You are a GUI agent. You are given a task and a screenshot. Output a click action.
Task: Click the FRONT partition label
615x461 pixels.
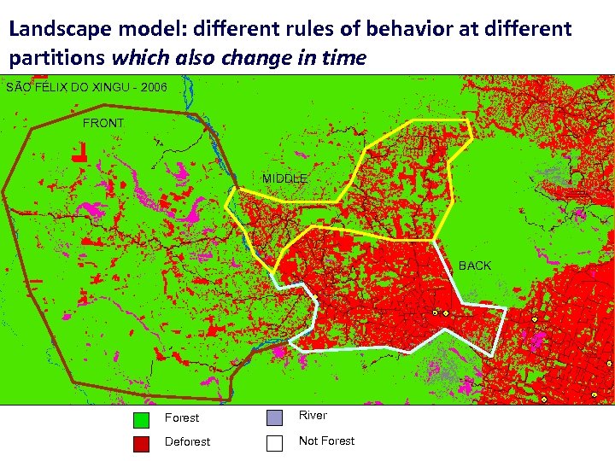(x=103, y=124)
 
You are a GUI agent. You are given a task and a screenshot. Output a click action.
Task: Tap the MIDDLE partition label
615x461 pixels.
(x=284, y=178)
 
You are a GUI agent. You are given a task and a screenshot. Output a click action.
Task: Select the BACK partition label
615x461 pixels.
(x=475, y=266)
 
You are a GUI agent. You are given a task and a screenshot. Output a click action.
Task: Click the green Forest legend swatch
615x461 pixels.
(x=142, y=419)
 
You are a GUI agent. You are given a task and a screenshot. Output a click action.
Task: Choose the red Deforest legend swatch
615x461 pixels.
(x=142, y=443)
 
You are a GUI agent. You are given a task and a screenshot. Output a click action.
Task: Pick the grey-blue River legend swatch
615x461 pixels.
(x=274, y=417)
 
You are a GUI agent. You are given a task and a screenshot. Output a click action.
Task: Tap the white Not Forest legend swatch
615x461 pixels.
(x=274, y=443)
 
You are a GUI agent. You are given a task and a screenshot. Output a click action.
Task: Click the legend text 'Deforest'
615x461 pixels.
(x=187, y=442)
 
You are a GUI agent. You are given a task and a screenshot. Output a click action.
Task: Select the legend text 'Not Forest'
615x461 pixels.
(x=326, y=441)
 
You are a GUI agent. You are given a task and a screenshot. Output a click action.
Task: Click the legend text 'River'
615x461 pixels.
(x=313, y=416)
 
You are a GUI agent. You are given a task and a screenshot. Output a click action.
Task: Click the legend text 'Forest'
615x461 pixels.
(x=181, y=418)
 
